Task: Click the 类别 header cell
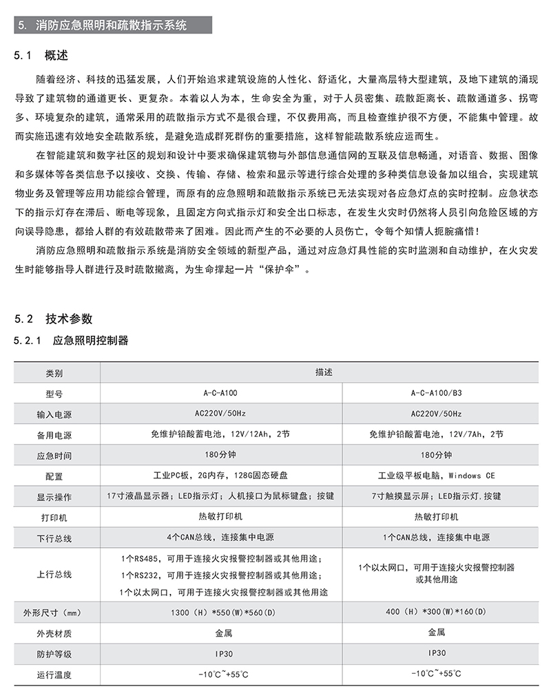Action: (x=54, y=373)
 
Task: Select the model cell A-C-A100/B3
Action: (x=436, y=393)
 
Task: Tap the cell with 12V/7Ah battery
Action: (x=436, y=434)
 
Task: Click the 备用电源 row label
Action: (x=54, y=435)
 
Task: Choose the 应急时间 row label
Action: (x=54, y=456)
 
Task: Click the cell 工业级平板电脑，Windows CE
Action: (x=436, y=476)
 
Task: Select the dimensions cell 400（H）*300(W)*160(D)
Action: (x=436, y=611)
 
